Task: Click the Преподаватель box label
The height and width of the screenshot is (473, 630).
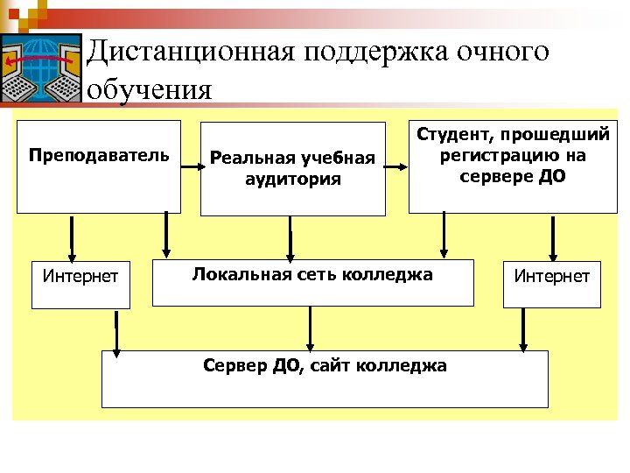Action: (98, 156)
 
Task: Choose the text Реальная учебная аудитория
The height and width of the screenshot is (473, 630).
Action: (292, 168)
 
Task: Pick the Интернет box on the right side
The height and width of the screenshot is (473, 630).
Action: (551, 277)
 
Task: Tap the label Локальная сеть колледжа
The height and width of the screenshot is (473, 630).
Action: (312, 275)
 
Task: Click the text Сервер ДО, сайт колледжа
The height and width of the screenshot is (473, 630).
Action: (324, 365)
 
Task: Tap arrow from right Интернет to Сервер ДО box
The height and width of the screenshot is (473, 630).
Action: (523, 329)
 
